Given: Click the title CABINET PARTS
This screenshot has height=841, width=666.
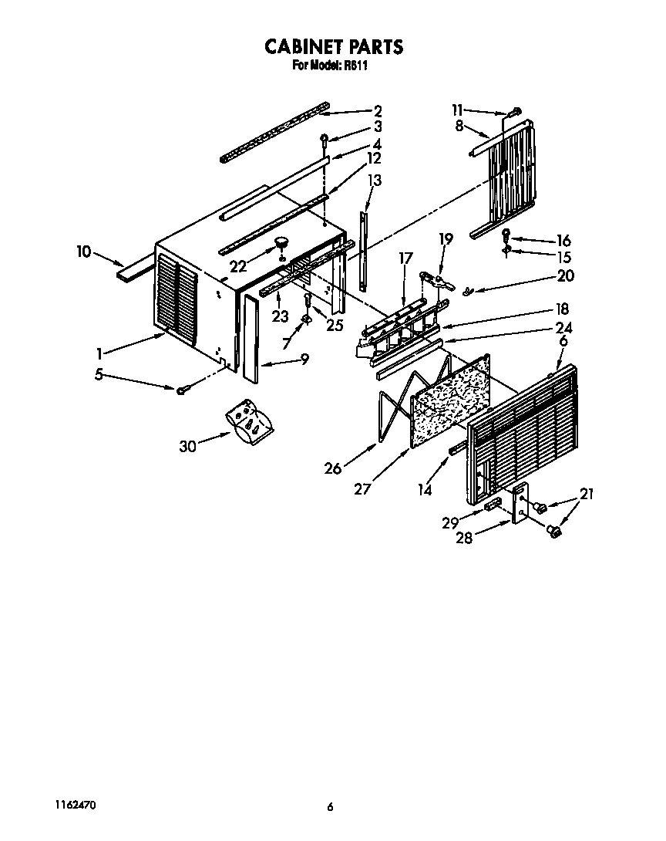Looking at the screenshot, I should pyautogui.click(x=333, y=47).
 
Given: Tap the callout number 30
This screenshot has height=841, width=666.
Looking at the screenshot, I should pyautogui.click(x=187, y=445).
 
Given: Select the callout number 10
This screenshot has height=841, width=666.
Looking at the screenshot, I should pyautogui.click(x=84, y=251).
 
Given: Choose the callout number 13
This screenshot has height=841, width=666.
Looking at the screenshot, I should pyautogui.click(x=375, y=181).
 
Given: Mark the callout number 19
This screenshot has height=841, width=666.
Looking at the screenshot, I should pyautogui.click(x=446, y=239).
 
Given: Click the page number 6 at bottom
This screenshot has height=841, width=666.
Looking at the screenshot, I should pyautogui.click(x=329, y=807).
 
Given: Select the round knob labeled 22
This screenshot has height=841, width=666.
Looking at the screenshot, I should pyautogui.click(x=281, y=243).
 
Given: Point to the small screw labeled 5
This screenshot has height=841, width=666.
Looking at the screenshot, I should pyautogui.click(x=182, y=390).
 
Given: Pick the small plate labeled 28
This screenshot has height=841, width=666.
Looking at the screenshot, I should pyautogui.click(x=521, y=504).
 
